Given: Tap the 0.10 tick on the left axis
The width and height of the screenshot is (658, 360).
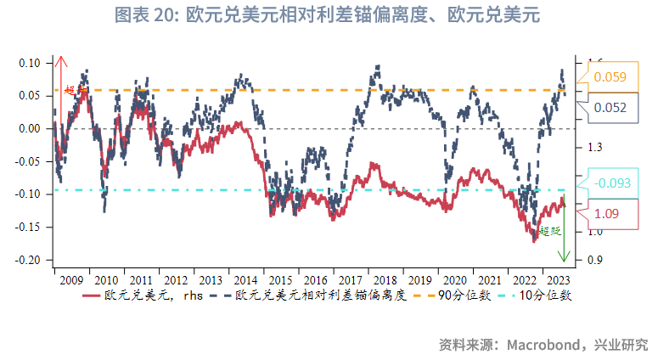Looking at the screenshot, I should pos(30,63).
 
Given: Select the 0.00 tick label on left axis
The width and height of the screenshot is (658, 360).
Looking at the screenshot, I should pos(30,128).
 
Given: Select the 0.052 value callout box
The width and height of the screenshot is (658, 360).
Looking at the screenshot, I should pos(610,108).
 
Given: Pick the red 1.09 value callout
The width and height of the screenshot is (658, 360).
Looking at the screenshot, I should pos(610,213).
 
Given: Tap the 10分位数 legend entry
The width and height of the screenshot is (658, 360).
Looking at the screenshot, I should pos(544,296).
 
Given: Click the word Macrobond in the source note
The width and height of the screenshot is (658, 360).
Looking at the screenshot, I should pos(541,344).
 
